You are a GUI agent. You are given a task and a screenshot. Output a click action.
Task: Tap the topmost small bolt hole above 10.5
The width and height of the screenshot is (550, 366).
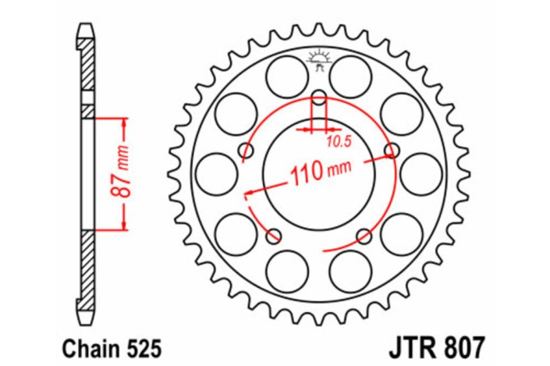click(319, 98)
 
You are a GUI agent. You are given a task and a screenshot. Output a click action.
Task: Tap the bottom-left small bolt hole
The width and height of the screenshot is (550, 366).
click(274, 235)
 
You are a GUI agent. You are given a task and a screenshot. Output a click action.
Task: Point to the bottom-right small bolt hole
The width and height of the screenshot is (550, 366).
click(363, 235)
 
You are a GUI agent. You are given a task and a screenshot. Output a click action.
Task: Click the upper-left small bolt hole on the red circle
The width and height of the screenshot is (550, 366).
click(247, 150)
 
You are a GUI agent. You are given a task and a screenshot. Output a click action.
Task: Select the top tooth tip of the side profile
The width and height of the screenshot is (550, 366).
click(87, 30)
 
